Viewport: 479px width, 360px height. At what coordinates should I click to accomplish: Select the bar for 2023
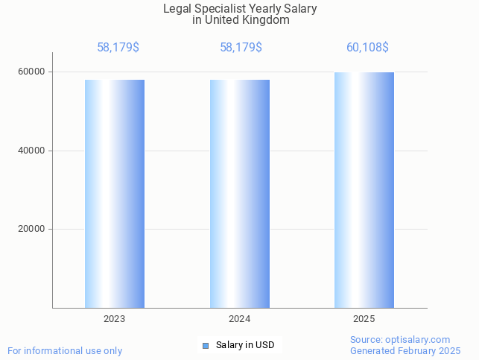114,194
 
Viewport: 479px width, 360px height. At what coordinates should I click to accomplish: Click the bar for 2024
239,194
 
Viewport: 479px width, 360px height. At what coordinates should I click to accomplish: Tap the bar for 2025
364,190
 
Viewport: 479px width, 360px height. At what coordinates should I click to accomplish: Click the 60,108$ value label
367,48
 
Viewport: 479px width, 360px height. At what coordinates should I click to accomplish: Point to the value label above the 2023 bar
118,48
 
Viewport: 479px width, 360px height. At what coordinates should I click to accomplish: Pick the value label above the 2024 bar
241,48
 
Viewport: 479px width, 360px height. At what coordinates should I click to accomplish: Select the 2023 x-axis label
114,319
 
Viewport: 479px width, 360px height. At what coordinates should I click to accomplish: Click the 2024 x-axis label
239,319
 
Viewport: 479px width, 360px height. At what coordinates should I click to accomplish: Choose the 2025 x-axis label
364,319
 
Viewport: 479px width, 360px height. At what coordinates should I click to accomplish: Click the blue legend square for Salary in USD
206,345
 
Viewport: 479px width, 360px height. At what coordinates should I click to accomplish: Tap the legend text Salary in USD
245,345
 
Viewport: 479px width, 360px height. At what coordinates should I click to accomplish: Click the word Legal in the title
177,9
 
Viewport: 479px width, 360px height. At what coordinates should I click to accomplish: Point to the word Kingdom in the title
264,20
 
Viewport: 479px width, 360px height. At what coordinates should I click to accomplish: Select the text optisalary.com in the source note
418,340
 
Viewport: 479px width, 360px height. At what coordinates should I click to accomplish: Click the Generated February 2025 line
405,351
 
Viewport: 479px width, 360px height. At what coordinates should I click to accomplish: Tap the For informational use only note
65,351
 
